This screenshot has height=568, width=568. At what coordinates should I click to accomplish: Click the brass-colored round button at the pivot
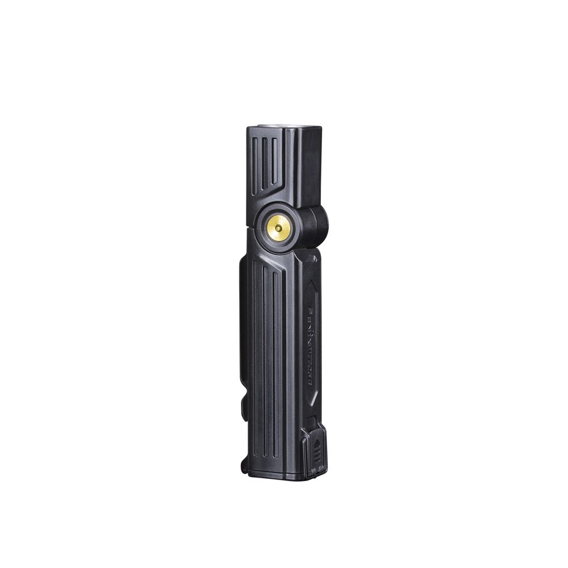pos(279,228)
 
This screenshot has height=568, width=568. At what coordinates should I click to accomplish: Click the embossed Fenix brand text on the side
pos(310,346)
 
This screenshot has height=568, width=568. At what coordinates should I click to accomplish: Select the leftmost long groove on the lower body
pos(257,364)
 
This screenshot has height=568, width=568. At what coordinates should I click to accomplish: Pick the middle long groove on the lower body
pos(266,364)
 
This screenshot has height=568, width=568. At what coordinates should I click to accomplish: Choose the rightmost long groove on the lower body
pos(277,364)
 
